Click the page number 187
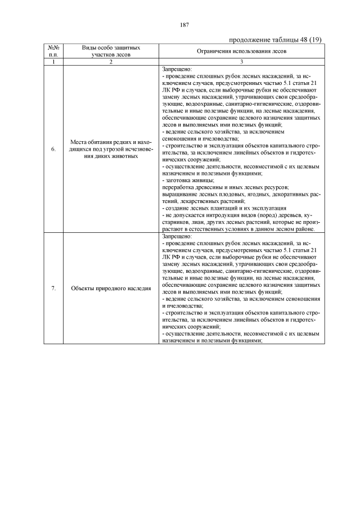pyautogui.click(x=183, y=24)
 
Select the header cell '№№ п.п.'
pyautogui.click(x=53, y=51)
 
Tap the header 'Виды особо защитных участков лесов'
pyautogui.click(x=111, y=51)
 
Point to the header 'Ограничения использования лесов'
pyautogui.click(x=241, y=51)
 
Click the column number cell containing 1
pyautogui.click(x=53, y=61)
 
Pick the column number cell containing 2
pyautogui.click(x=111, y=61)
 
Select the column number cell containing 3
pyautogui.click(x=241, y=61)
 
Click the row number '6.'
pyautogui.click(x=53, y=149)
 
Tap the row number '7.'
pyautogui.click(x=53, y=289)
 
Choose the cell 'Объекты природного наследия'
pyautogui.click(x=111, y=289)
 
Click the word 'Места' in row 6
pyautogui.click(x=80, y=142)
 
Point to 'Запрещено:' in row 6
pyautogui.click(x=176, y=68)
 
